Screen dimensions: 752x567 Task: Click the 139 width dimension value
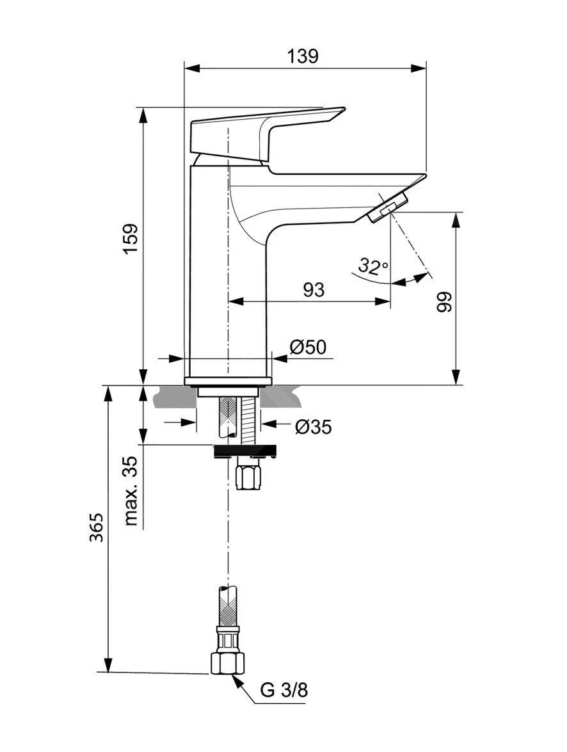(x=303, y=56)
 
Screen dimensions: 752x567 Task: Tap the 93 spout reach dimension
(x=313, y=290)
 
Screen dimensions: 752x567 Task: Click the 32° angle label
(x=372, y=266)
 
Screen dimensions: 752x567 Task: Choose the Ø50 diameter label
(x=308, y=347)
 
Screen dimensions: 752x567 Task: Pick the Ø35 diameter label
(x=314, y=427)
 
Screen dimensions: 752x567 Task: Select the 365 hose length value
(x=96, y=527)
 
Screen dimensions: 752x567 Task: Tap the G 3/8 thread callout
(x=284, y=691)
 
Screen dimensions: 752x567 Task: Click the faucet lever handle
(x=262, y=131)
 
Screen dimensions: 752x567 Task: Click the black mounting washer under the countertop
(x=244, y=451)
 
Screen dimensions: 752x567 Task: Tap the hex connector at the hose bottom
(x=227, y=662)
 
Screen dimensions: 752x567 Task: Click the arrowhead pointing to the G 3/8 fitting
(x=238, y=683)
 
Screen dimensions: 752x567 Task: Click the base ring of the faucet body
(x=228, y=381)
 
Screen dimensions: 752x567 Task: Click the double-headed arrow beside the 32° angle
(x=410, y=280)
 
